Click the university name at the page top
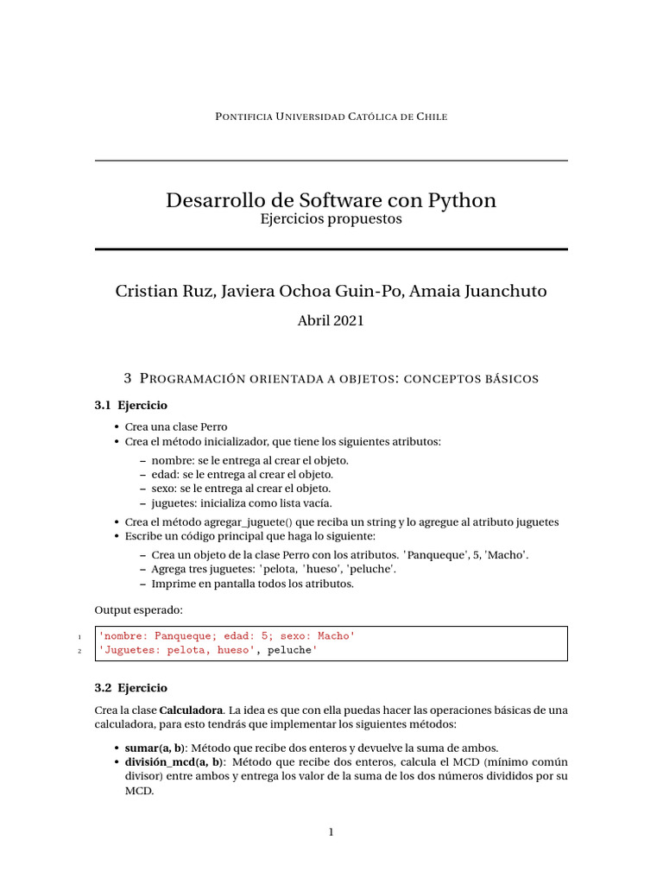[331, 117]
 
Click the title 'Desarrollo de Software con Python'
[331, 200]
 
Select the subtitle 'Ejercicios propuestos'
[331, 219]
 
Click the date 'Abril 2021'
[331, 320]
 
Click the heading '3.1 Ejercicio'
[131, 405]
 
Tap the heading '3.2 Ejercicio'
[131, 688]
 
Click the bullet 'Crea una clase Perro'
[177, 426]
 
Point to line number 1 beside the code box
[79, 637]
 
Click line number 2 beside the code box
[79, 651]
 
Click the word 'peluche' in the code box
[288, 650]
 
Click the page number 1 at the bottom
[331, 832]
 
